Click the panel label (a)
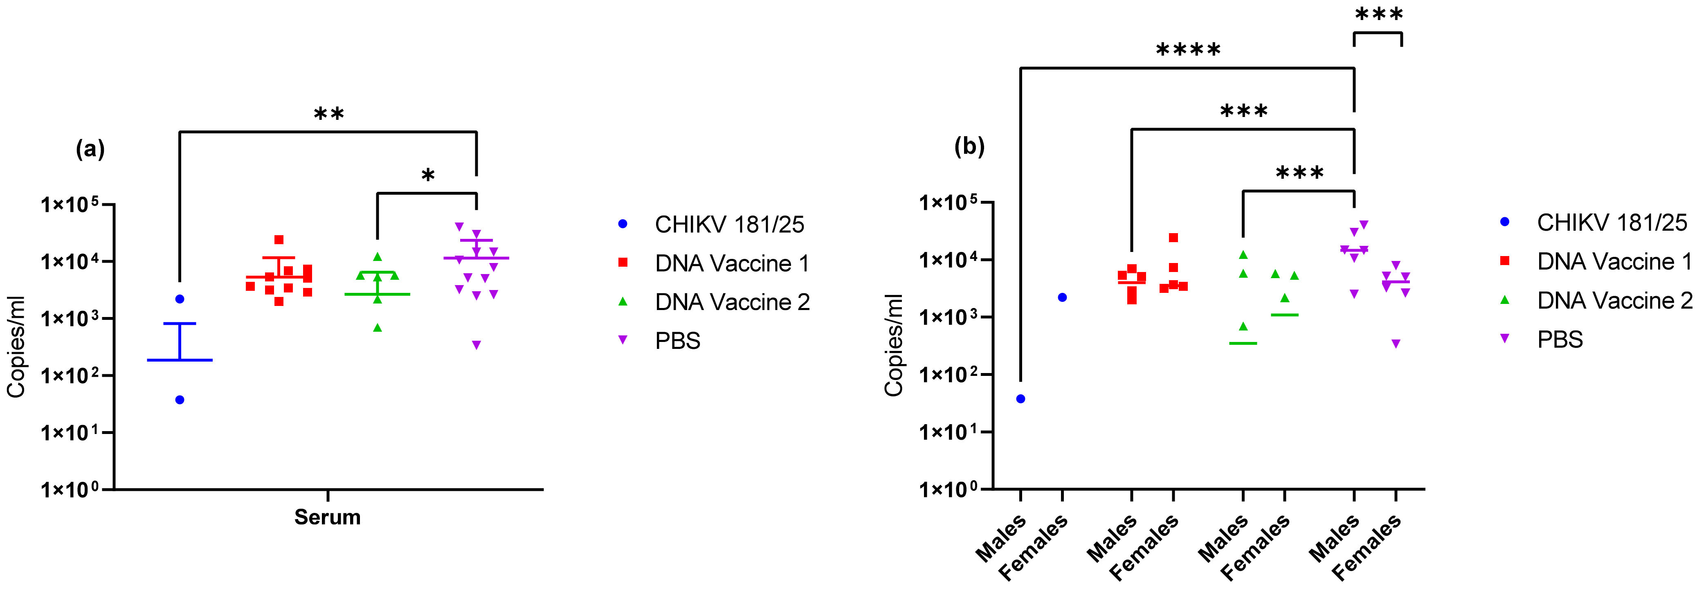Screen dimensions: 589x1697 [90, 150]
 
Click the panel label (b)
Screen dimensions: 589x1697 [969, 146]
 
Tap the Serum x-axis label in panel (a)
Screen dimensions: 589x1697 [327, 517]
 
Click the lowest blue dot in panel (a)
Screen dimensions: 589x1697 [180, 400]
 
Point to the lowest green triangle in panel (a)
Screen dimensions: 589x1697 [378, 328]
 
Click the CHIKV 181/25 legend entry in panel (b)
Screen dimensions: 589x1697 [1612, 223]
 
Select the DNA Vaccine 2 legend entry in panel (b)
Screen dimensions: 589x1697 [1614, 300]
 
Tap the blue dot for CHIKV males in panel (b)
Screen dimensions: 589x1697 [1020, 398]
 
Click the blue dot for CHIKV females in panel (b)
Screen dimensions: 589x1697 [1062, 298]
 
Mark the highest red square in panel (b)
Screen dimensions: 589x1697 [1173, 238]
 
